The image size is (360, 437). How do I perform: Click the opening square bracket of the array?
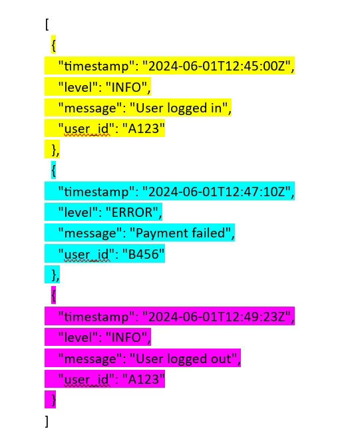click(x=47, y=25)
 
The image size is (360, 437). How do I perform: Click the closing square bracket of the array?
click(x=47, y=421)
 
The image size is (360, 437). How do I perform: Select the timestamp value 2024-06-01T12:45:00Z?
click(x=216, y=67)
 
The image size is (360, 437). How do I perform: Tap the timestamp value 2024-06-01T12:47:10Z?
click(x=216, y=192)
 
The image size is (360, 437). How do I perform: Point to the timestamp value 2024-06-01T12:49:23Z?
click(x=216, y=317)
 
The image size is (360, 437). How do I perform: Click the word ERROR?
click(x=132, y=213)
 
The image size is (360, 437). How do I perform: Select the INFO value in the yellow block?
click(x=126, y=88)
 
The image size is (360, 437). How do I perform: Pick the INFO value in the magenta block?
click(x=126, y=337)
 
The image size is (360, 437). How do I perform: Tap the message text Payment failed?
click(x=180, y=233)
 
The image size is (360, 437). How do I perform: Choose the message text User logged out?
click(x=184, y=359)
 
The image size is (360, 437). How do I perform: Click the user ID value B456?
click(x=143, y=254)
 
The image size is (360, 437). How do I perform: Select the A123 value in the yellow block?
click(x=143, y=129)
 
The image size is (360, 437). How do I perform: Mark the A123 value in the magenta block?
click(x=143, y=379)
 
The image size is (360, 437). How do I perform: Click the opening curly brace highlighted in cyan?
click(x=53, y=170)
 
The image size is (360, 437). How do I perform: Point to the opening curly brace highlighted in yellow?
click(x=53, y=45)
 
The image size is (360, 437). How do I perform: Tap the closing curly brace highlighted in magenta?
click(x=53, y=400)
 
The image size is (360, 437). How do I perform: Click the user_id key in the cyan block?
click(x=86, y=255)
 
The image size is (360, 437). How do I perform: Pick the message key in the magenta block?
click(x=90, y=359)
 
